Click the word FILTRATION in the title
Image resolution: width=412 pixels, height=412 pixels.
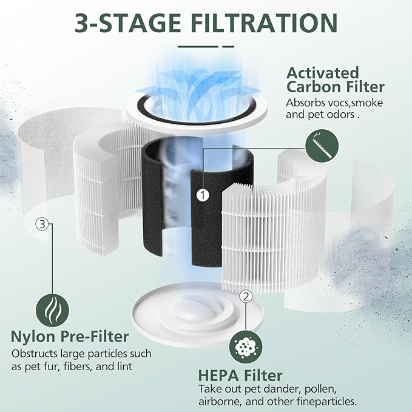coord(265,22)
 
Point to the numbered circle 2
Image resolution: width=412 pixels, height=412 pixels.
coord(246,296)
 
